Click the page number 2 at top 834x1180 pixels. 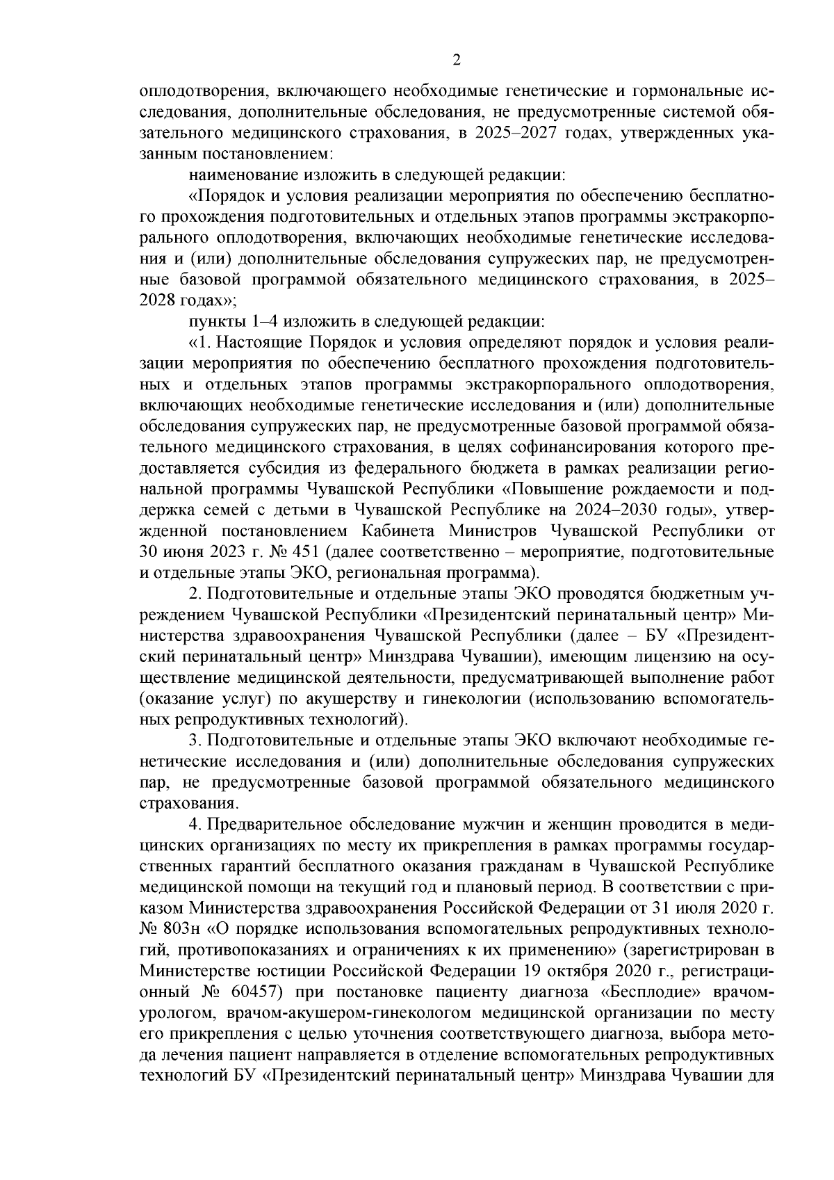pyautogui.click(x=457, y=60)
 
